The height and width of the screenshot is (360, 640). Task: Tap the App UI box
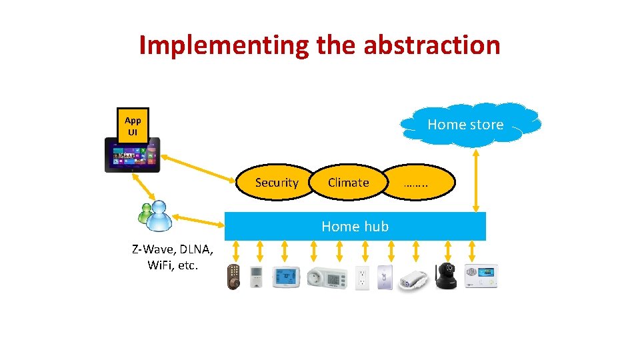(133, 125)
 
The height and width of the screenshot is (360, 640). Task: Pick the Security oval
(277, 182)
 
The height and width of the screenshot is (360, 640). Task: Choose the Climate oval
(349, 182)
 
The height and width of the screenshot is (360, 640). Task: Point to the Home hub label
(355, 226)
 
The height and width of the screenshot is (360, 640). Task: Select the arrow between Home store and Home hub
(475, 181)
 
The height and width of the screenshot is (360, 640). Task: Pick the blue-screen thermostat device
(285, 276)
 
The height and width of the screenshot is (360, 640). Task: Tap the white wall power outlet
(363, 277)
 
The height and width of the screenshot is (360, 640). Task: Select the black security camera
(446, 275)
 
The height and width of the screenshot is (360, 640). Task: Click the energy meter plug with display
(326, 276)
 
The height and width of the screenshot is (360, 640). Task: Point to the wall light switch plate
(385, 277)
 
